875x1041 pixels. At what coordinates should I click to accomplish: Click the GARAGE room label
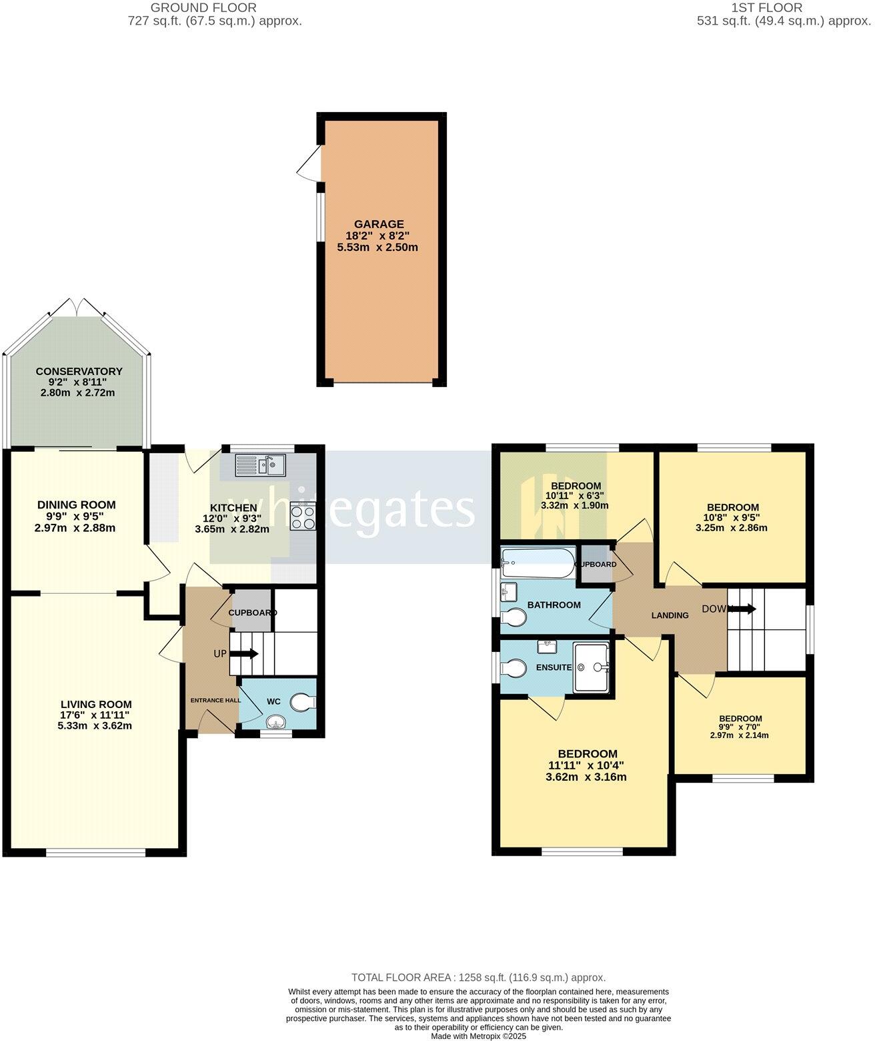tap(378, 224)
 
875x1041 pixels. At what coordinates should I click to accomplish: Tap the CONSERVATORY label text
tap(79, 371)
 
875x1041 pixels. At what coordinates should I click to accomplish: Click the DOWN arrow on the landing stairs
tap(744, 609)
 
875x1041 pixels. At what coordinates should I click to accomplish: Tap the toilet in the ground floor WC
tap(303, 702)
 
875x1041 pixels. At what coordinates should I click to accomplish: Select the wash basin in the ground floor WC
tap(275, 723)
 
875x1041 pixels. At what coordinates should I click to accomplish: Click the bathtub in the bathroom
tap(538, 564)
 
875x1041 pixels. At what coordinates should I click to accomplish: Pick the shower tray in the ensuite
tap(591, 667)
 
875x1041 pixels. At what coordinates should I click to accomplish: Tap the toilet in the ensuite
tap(515, 667)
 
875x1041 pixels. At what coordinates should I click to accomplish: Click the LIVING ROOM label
tap(96, 704)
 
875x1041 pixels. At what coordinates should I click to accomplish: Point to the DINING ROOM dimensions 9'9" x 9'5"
tap(76, 516)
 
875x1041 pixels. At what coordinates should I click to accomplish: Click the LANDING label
tap(670, 615)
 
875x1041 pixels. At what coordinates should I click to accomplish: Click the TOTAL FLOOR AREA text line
tap(478, 978)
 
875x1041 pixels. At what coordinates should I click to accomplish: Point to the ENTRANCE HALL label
tap(215, 700)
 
